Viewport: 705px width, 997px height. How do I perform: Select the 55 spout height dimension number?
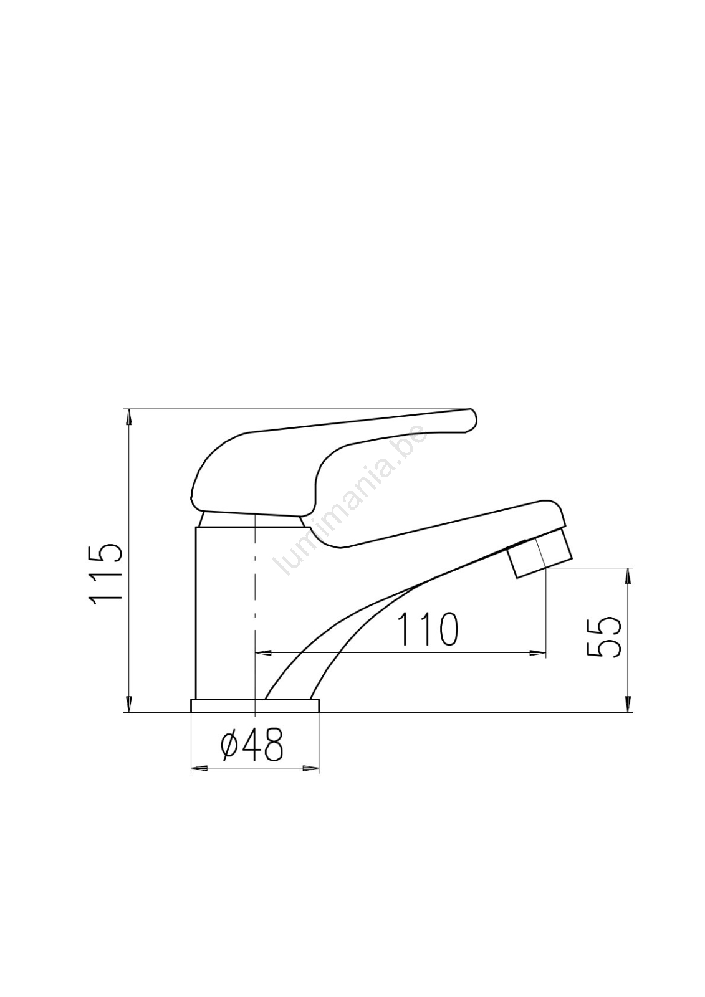(x=603, y=637)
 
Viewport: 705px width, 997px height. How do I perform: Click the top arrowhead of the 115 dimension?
(x=129, y=416)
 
